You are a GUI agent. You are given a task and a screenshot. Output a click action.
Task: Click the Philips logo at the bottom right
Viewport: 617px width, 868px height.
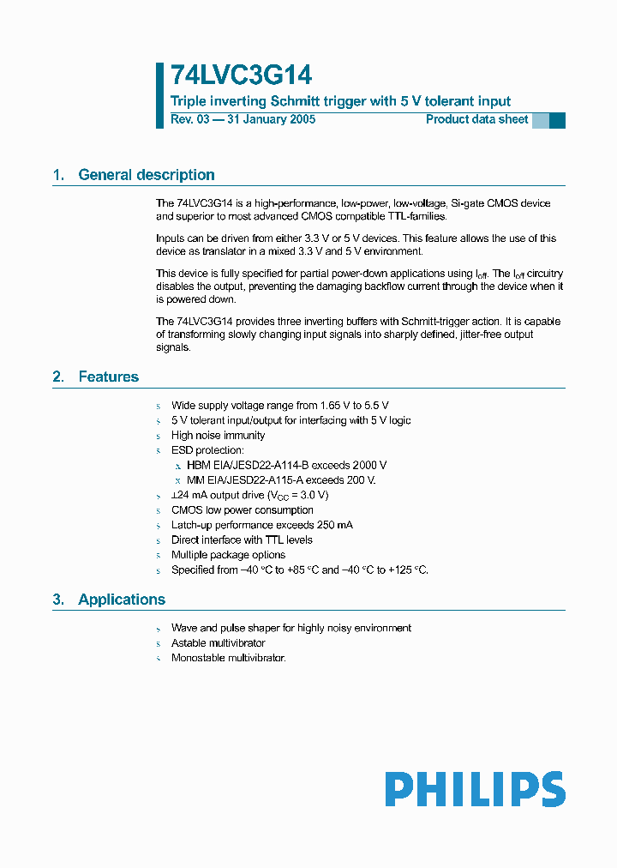click(x=475, y=789)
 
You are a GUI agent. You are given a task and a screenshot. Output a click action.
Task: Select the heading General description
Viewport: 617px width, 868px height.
click(x=147, y=175)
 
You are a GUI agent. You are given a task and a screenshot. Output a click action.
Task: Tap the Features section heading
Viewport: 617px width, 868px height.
click(x=108, y=377)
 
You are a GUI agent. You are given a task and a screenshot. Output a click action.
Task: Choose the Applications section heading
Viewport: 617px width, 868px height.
click(x=122, y=600)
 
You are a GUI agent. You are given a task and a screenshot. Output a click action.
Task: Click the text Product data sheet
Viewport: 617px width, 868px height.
click(x=476, y=119)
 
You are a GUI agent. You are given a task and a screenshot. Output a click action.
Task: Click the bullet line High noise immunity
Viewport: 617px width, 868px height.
click(x=218, y=436)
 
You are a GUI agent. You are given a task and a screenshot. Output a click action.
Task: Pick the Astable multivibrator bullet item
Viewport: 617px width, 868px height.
click(x=218, y=643)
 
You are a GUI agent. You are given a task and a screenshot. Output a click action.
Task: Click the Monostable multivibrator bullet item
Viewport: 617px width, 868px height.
click(x=228, y=658)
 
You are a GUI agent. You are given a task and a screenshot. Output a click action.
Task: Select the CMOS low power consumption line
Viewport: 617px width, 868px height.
click(x=242, y=510)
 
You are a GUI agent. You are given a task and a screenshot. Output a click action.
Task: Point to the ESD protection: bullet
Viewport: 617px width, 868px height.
click(x=207, y=450)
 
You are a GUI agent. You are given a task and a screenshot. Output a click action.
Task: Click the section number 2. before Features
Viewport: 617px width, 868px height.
click(x=58, y=377)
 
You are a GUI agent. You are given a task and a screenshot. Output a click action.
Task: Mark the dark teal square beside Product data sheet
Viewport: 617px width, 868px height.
click(x=557, y=120)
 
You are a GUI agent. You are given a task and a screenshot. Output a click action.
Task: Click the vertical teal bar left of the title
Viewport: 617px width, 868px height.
click(x=159, y=95)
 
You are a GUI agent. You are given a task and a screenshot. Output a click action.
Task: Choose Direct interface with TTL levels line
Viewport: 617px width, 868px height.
click(x=242, y=540)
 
